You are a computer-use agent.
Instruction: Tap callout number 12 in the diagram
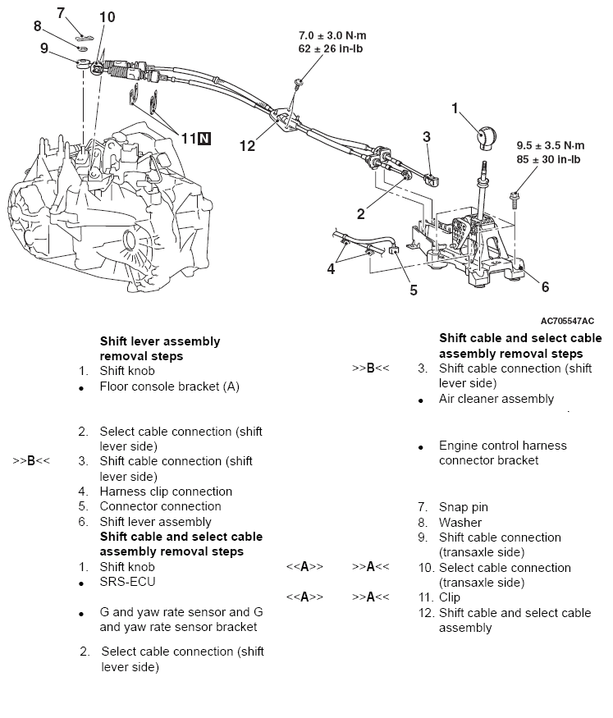[x=247, y=145]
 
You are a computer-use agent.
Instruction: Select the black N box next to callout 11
[x=204, y=138]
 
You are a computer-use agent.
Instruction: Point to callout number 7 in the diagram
[x=60, y=12]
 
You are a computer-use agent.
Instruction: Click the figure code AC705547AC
[x=567, y=321]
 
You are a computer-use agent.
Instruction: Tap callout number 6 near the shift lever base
[x=545, y=286]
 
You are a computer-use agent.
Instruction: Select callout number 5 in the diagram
[x=414, y=289]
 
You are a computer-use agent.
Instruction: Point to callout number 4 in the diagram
[x=332, y=268]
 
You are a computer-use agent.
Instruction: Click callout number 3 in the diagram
[x=427, y=137]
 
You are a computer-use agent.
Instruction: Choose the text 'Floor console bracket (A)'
[x=169, y=386]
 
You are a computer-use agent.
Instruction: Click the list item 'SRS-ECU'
[x=127, y=582]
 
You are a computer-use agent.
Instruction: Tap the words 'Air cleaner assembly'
[x=496, y=399]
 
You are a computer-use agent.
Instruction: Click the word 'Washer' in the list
[x=460, y=522]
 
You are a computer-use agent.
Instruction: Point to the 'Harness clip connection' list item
[x=166, y=492]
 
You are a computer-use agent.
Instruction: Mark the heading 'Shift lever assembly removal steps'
[x=160, y=349]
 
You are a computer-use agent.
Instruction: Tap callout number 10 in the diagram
[x=107, y=16]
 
